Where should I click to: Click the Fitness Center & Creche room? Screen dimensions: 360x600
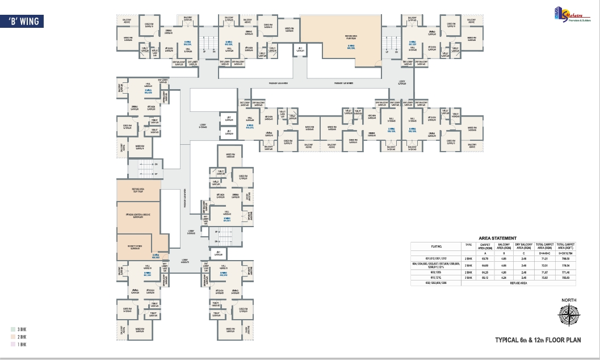pos(139,216)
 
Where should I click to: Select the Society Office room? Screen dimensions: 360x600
pos(139,247)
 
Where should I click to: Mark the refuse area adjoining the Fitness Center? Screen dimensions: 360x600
pos(139,191)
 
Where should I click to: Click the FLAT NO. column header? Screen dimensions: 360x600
pos(436,246)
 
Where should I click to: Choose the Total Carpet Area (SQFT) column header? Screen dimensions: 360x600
pos(568,246)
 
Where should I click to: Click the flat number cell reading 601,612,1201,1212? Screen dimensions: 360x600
pos(436,258)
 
